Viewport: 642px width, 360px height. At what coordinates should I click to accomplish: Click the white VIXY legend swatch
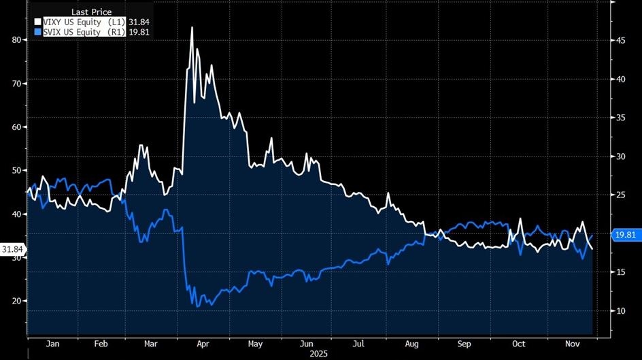click(x=38, y=21)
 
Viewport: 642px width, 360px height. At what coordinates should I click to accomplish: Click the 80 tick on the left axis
click(x=16, y=40)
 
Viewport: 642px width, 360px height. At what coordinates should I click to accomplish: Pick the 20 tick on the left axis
click(x=16, y=301)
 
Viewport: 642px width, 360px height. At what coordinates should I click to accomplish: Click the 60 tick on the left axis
click(x=16, y=127)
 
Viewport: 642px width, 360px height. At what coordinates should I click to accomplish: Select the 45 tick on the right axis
click(x=621, y=40)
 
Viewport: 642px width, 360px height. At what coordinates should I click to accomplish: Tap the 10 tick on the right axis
click(x=621, y=311)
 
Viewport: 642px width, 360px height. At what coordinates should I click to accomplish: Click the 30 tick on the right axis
click(x=621, y=157)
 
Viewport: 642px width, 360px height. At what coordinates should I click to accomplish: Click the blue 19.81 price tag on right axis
click(x=625, y=235)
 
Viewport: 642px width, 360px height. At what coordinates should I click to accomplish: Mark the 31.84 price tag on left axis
click(x=13, y=250)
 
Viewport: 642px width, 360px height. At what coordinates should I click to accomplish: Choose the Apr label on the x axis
click(x=202, y=344)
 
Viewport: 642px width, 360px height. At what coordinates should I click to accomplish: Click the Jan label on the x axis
click(x=52, y=344)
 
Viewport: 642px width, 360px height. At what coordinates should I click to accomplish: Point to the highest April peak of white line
click(x=192, y=27)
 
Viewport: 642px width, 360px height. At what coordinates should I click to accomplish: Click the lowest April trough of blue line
click(x=198, y=306)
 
